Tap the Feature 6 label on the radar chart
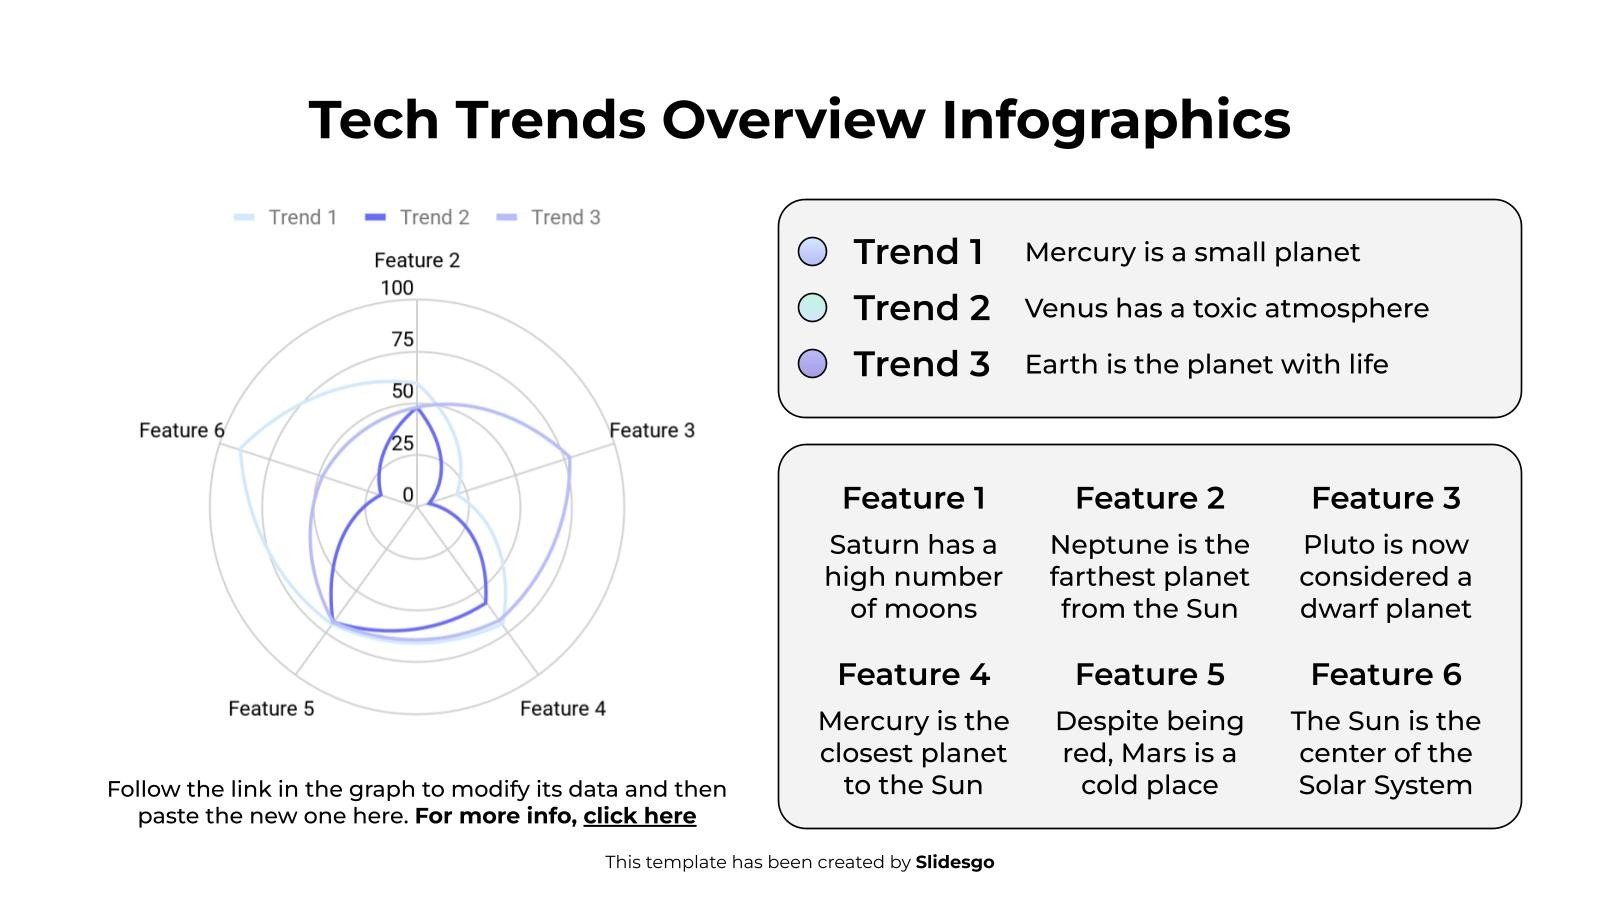tap(181, 430)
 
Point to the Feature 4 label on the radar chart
tap(562, 708)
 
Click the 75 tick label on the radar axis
tap(402, 339)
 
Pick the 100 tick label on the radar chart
tap(397, 288)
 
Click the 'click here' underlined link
tap(639, 816)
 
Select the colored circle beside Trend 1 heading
tap(813, 252)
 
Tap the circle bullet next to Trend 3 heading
tap(813, 364)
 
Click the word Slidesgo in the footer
tap(954, 862)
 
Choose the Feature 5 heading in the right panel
tap(1149, 675)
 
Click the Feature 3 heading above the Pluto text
tap(1385, 498)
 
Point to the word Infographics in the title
tap(1115, 119)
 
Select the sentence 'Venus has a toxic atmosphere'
tap(1226, 308)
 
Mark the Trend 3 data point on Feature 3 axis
tap(569, 457)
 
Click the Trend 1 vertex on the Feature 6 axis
tap(239, 449)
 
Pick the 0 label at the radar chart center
tap(407, 494)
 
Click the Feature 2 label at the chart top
tap(417, 260)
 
